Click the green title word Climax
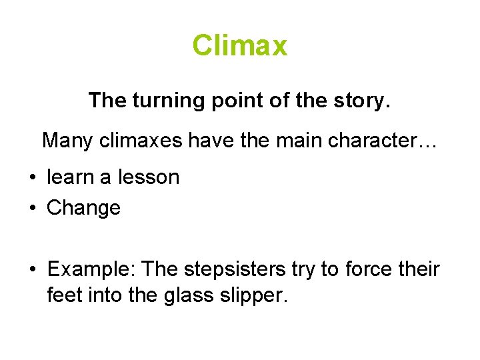click(x=240, y=46)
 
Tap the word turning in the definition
click(x=159, y=101)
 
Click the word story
click(x=367, y=101)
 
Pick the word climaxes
click(x=136, y=141)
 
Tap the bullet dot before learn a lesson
click(x=31, y=178)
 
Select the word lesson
click(x=148, y=177)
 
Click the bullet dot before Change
click(x=31, y=209)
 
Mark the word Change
click(x=83, y=208)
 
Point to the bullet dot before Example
click(x=31, y=270)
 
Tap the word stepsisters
click(x=232, y=269)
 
